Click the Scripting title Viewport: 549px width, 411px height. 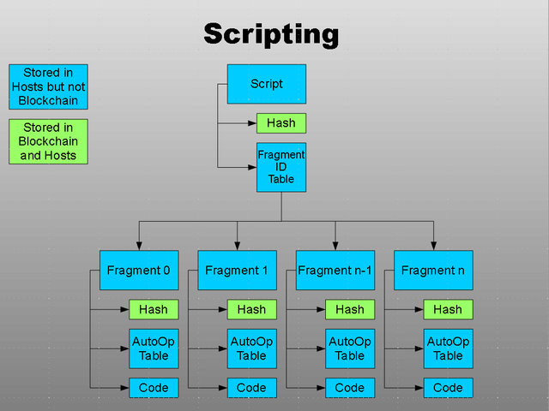point(271,34)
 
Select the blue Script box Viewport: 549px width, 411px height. point(267,84)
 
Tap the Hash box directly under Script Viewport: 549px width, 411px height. point(281,123)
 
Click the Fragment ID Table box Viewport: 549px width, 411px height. point(281,167)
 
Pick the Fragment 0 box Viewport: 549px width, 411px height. point(139,271)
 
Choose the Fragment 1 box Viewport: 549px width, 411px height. point(237,271)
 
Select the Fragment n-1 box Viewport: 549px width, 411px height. point(335,271)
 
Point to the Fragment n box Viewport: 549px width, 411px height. point(433,271)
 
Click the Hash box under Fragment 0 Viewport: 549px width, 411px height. point(154,309)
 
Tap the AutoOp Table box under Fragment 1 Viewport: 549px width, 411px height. point(251,348)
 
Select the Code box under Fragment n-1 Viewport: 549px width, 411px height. point(350,388)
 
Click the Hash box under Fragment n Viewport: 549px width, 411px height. point(448,309)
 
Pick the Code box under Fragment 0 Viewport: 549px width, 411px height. point(154,388)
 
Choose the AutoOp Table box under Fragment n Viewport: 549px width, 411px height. point(448,348)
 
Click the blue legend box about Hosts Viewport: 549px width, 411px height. point(48,86)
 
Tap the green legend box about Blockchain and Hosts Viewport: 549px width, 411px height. point(48,141)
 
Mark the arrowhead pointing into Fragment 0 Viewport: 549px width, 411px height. point(139,246)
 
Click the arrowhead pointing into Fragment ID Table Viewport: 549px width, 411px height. point(252,168)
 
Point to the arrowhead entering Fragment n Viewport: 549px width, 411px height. point(433,246)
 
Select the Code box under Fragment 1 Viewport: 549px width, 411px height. point(251,388)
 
